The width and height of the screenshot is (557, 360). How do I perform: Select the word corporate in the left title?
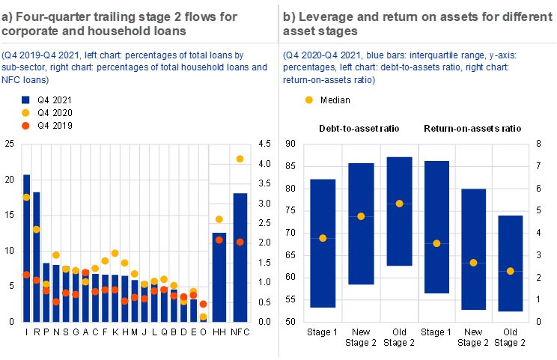[32, 32]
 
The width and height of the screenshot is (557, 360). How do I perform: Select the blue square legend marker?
[26, 100]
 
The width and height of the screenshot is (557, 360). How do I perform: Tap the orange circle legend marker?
[26, 126]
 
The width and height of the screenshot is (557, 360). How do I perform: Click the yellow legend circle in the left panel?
[26, 113]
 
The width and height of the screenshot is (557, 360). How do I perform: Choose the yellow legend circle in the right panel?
[309, 100]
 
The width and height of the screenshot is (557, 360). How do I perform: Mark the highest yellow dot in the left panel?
[240, 159]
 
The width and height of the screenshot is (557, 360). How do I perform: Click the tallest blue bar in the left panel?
[26, 247]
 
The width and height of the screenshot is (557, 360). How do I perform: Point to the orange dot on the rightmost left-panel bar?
[240, 242]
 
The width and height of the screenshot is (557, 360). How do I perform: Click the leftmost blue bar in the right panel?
[323, 243]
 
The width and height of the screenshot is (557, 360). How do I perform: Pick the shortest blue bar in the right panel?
[511, 263]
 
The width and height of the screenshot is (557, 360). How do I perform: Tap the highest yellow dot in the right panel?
[400, 204]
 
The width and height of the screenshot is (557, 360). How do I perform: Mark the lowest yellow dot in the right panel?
[511, 271]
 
